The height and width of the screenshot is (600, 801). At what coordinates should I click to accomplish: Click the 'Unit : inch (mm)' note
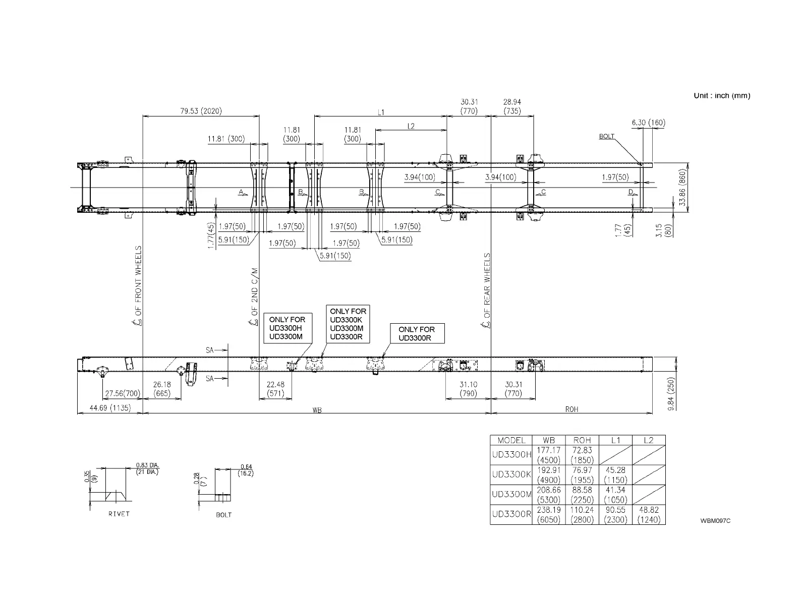tap(722, 95)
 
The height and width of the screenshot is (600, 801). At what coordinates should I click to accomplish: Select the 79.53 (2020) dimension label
tap(201, 111)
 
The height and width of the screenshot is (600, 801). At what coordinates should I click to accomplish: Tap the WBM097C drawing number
tap(715, 521)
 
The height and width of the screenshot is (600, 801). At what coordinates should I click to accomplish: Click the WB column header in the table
tap(549, 440)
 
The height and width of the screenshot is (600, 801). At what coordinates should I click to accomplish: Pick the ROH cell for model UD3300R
tap(582, 515)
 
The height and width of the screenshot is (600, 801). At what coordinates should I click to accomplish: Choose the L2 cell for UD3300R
tap(649, 515)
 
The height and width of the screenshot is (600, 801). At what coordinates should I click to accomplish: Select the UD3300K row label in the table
tap(511, 474)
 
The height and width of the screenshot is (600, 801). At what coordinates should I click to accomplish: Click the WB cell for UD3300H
tap(549, 455)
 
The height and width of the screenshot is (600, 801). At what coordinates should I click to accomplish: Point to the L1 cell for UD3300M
tap(615, 495)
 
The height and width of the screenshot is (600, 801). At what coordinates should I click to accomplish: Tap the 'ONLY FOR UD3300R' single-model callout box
tap(417, 333)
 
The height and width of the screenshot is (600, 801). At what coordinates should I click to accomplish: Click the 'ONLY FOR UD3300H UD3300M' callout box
tap(287, 328)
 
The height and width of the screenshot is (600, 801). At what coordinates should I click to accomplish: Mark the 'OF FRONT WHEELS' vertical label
tap(138, 285)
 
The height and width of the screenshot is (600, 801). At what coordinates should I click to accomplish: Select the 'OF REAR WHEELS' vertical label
tap(487, 291)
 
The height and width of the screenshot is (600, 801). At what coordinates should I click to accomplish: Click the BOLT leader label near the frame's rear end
tap(607, 136)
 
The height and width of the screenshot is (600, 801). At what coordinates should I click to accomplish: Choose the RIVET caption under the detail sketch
tap(119, 514)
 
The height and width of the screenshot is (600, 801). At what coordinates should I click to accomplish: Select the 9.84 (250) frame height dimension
tap(671, 394)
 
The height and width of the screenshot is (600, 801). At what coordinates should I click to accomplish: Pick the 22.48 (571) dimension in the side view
tap(275, 388)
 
